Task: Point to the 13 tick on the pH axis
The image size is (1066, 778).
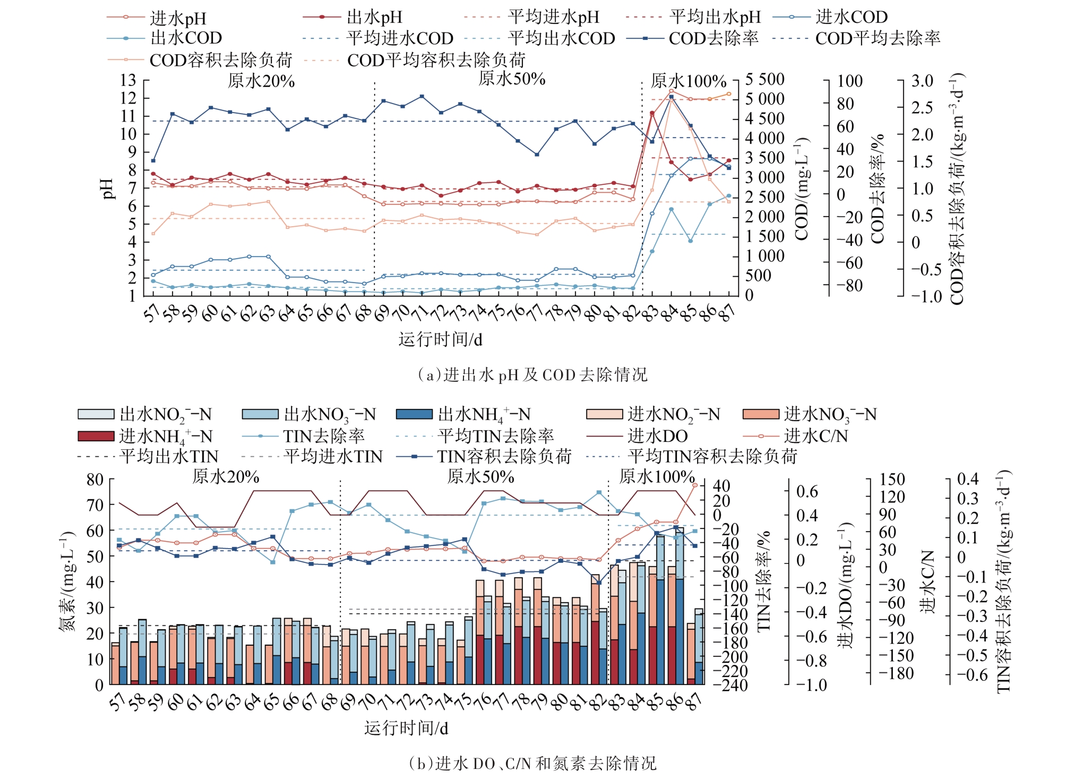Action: (x=128, y=81)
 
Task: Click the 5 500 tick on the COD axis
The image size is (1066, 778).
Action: (x=765, y=80)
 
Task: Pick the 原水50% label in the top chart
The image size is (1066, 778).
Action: (x=512, y=79)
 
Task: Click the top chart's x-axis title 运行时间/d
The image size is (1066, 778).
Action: (x=440, y=339)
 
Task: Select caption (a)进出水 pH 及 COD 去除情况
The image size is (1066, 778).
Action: (x=532, y=375)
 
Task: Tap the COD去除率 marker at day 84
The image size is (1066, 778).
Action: (x=671, y=97)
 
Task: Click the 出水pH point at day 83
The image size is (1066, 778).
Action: (x=652, y=113)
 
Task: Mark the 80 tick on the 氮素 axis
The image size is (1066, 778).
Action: (x=95, y=480)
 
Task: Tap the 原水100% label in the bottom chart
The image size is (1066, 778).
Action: (x=657, y=476)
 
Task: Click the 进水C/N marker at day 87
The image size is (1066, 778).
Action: (x=695, y=485)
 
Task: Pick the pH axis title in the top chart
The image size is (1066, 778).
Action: (x=108, y=189)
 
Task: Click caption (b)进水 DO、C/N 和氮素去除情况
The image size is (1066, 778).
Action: (x=532, y=763)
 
